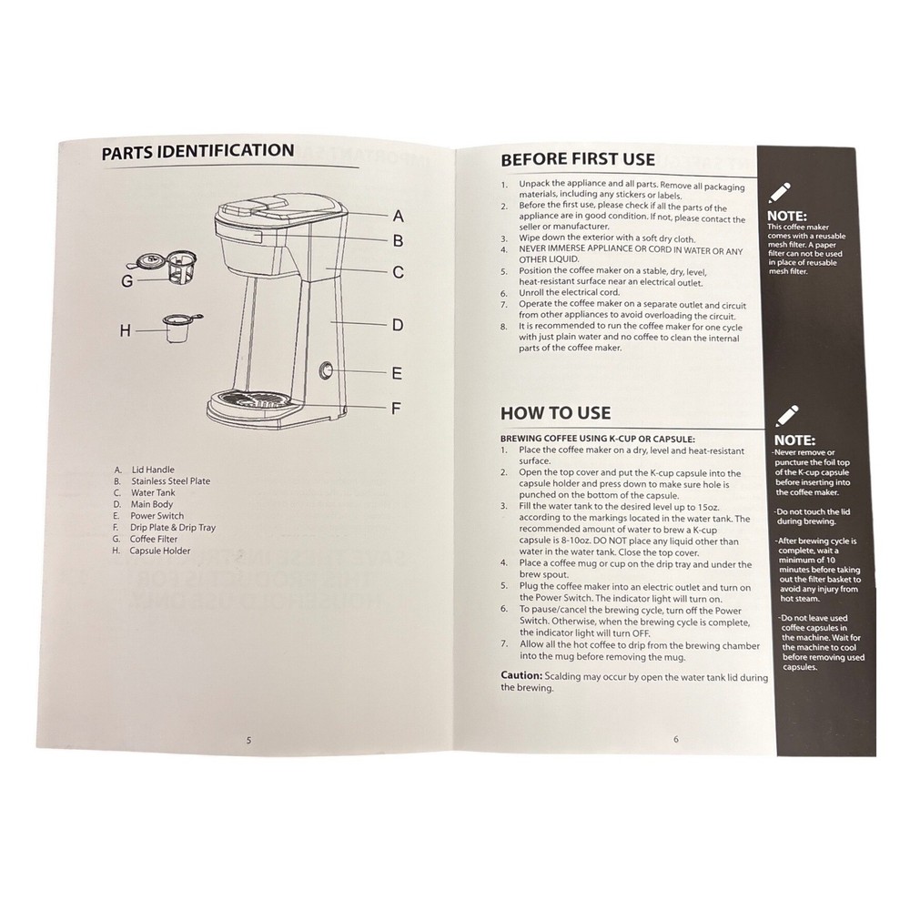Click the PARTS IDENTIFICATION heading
click(197, 151)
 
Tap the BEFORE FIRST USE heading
click(578, 159)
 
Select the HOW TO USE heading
click(555, 413)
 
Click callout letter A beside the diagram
click(398, 217)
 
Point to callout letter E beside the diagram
click(397, 373)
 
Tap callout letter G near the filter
click(127, 281)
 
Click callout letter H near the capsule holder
click(126, 331)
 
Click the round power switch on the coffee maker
click(326, 370)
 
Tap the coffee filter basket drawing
click(167, 268)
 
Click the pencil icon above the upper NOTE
click(780, 193)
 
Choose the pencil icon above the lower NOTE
click(787, 416)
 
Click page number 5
click(249, 741)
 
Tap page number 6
click(675, 739)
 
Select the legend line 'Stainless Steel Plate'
click(162, 481)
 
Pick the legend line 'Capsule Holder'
click(151, 551)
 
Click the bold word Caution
click(521, 675)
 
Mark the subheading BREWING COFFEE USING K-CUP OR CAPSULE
click(598, 440)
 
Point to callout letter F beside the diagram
click(396, 409)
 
